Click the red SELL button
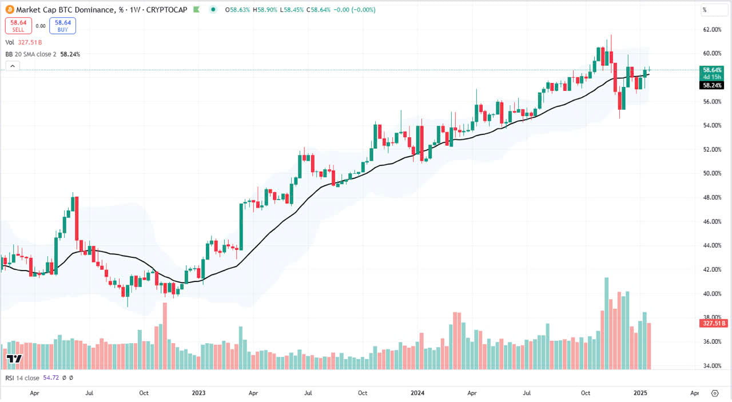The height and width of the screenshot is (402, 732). pos(18,26)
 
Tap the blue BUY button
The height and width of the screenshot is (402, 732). pos(63,26)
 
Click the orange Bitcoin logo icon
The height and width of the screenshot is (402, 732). pos(9,10)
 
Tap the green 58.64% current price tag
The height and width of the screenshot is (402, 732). pos(711,70)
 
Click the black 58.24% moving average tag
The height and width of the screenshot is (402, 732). pos(711,85)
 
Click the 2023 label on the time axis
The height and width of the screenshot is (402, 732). pos(198,393)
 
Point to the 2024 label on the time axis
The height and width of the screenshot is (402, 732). pos(417,393)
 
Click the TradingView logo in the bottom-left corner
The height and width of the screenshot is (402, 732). pos(14,359)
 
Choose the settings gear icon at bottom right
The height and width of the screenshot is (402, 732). pos(715,393)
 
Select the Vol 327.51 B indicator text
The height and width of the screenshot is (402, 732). pos(23,42)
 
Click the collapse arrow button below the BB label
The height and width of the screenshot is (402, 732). pos(12,66)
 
